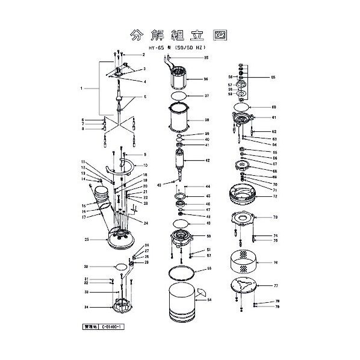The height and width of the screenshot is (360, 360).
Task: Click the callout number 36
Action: point(206,79)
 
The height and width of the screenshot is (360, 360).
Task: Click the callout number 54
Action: point(209,299)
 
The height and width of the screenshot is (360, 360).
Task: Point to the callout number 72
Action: point(275,196)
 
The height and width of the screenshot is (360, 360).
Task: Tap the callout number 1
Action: point(81,89)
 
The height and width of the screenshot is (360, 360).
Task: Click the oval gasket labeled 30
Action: point(121,266)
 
